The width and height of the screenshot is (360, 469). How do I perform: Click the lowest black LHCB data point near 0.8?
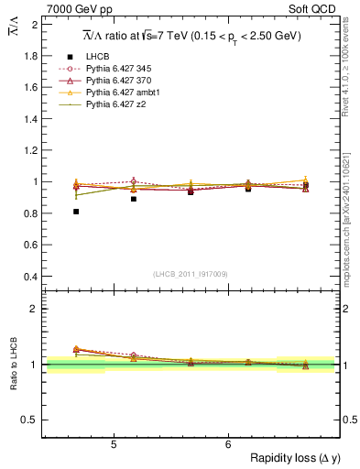coord(76,212)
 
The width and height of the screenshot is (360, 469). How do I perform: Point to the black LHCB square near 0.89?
coord(134,199)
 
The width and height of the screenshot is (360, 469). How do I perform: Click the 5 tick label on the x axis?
coord(113,445)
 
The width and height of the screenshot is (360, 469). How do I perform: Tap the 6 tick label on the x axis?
coord(228,445)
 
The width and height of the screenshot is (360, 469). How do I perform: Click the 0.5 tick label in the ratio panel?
coord(30,420)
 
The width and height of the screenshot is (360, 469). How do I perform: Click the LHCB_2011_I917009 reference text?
coord(190,273)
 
